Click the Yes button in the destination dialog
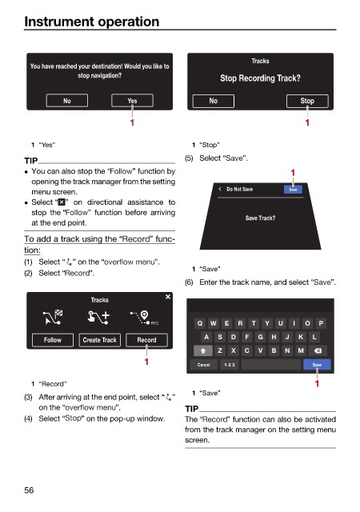132,101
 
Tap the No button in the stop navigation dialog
67,101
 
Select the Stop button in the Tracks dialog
307,101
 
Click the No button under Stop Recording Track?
214,101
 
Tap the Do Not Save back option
236,189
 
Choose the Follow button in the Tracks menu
53,340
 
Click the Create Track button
100,340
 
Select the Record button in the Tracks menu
146,340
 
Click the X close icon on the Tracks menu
168,297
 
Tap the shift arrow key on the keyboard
203,350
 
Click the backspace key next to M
318,350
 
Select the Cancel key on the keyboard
203,365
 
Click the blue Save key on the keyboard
317,365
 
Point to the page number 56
29,490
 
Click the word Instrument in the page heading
59,22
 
